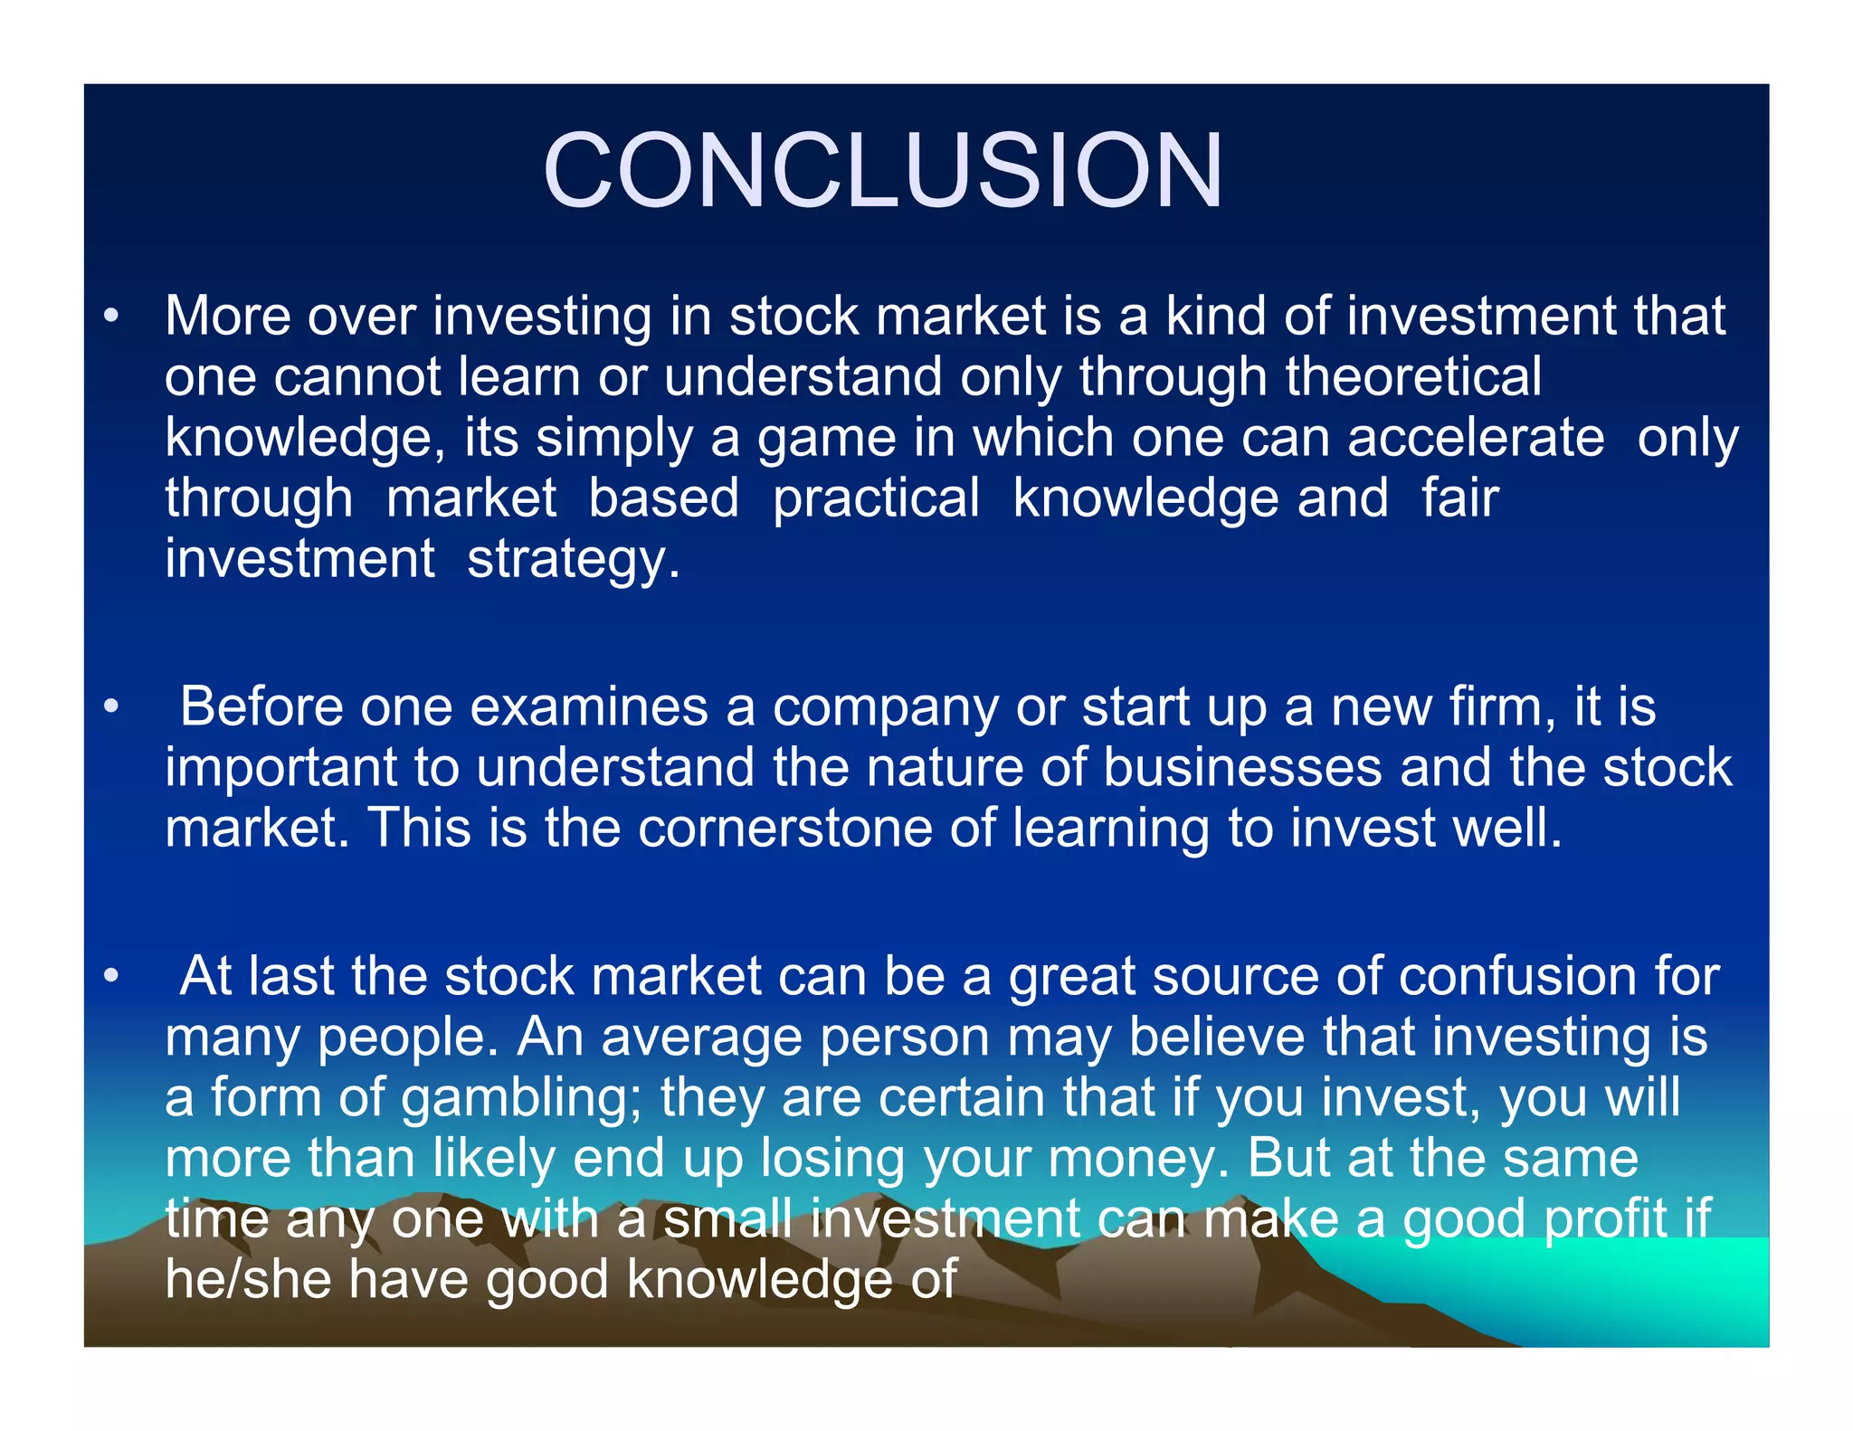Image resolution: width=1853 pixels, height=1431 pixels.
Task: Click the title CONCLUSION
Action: point(882,171)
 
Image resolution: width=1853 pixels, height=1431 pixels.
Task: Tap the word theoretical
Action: point(1413,376)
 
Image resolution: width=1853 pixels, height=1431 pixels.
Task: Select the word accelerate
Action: point(1476,438)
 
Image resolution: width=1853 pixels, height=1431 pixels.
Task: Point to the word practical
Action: point(876,498)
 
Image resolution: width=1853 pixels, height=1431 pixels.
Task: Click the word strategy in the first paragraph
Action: point(573,559)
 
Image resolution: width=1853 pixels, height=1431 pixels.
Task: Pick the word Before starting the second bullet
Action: point(261,706)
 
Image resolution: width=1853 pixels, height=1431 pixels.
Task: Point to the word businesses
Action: point(1242,767)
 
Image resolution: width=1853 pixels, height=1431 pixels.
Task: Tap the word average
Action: point(702,1038)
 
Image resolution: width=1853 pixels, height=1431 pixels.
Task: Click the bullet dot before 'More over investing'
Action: point(110,317)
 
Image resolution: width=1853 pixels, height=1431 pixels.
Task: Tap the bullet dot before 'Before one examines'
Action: point(110,707)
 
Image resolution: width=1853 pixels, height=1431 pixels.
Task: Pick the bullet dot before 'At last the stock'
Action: point(110,977)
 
